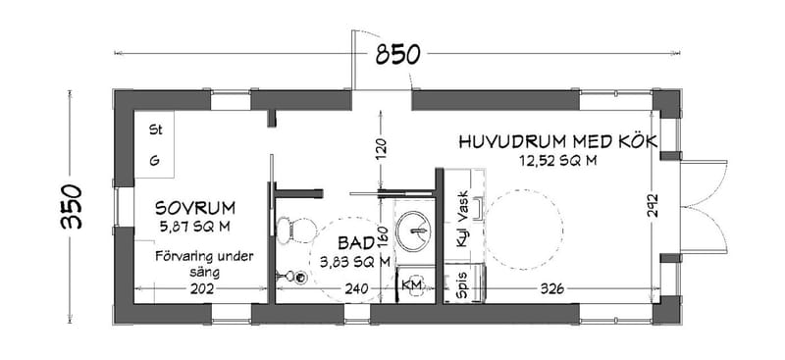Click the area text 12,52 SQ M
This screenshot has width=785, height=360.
(x=556, y=161)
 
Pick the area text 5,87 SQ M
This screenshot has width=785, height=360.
(x=193, y=227)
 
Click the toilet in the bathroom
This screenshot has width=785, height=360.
(x=288, y=229)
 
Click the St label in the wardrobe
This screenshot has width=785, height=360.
(x=154, y=129)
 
